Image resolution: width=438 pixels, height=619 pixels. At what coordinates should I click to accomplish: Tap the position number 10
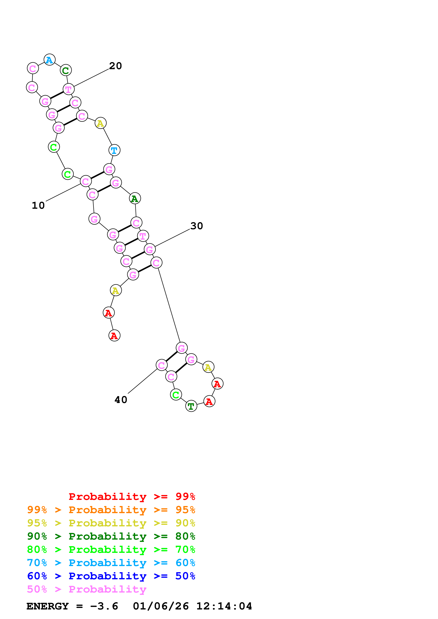click(x=38, y=205)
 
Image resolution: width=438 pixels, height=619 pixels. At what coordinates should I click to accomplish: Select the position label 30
click(x=196, y=226)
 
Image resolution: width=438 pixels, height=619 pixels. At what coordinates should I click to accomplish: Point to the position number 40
click(x=121, y=399)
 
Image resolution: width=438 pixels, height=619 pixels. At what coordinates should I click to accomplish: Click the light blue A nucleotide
click(x=49, y=60)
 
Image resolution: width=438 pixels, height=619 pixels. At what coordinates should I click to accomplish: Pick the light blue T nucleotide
click(x=114, y=150)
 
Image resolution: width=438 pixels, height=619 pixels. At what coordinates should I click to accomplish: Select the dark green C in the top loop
click(x=66, y=71)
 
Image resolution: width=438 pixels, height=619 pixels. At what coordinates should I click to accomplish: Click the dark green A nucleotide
click(x=135, y=199)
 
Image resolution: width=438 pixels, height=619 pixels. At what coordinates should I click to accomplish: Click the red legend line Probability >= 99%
click(x=132, y=496)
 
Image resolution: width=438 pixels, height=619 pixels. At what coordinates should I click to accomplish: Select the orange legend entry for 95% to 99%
click(x=111, y=510)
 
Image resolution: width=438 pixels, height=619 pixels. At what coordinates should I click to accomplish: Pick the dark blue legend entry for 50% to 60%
click(x=111, y=576)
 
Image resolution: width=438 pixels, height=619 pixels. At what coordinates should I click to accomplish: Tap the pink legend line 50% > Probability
click(x=87, y=589)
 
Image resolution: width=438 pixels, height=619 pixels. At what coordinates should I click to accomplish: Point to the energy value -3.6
click(x=104, y=606)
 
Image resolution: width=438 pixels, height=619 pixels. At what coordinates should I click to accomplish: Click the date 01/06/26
click(x=161, y=606)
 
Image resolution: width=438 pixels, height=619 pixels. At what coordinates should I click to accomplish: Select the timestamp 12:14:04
click(x=224, y=606)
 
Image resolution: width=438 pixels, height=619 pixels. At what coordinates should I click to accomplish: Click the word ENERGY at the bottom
click(x=48, y=606)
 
